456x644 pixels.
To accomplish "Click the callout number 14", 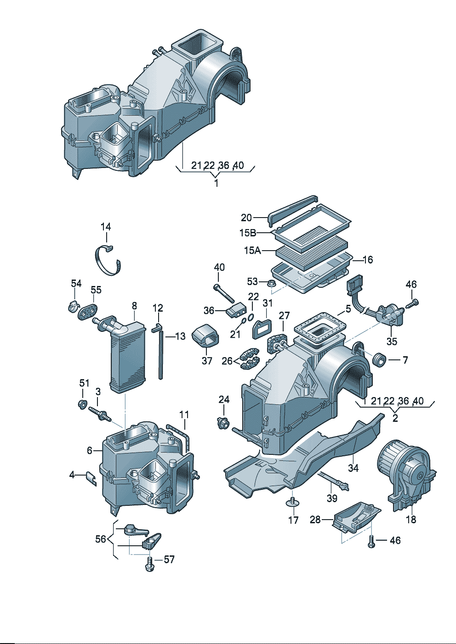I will (106, 227).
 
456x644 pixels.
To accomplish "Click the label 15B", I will (247, 233).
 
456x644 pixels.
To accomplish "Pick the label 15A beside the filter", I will (252, 251).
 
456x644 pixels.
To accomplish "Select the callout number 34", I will (353, 468).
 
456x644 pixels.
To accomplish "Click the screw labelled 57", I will (150, 564).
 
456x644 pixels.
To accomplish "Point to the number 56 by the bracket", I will (100, 539).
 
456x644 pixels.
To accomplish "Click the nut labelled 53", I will (271, 283).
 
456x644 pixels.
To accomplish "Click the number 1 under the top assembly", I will (216, 183).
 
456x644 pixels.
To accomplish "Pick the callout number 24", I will (224, 400).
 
